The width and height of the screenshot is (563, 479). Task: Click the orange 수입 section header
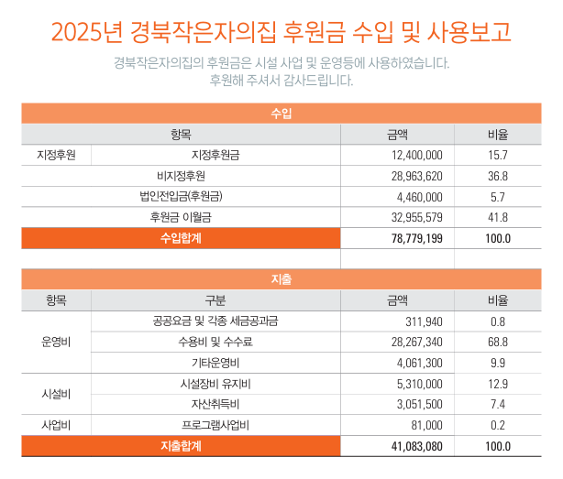click(281, 114)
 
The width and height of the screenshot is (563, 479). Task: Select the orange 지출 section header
click(281, 278)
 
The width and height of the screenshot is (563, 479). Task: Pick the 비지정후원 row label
click(181, 176)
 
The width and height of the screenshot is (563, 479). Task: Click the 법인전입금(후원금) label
click(181, 196)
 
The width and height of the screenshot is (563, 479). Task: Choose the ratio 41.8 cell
click(498, 217)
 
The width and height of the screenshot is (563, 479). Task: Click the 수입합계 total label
click(181, 238)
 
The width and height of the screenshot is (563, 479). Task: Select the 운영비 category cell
click(56, 342)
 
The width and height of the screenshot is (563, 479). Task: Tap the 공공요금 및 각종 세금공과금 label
click(215, 321)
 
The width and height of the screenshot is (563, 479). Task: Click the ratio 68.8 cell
click(498, 342)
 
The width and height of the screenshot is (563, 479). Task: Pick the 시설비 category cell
click(56, 393)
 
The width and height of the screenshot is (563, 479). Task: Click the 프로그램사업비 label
click(215, 425)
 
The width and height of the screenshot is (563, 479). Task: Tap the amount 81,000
click(427, 425)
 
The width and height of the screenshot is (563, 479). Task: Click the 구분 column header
click(215, 299)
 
